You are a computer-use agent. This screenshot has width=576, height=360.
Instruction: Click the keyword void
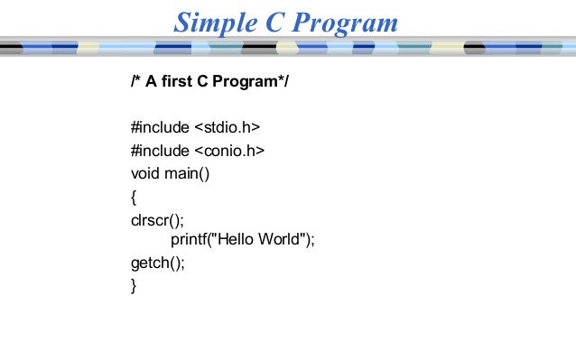145,172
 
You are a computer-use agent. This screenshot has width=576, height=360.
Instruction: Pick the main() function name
186,172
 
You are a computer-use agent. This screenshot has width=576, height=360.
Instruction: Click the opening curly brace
134,196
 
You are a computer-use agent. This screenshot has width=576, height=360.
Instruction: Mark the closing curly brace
134,286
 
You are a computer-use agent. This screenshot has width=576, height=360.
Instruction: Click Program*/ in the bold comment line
255,84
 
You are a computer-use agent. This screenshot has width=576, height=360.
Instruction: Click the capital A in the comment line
151,84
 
